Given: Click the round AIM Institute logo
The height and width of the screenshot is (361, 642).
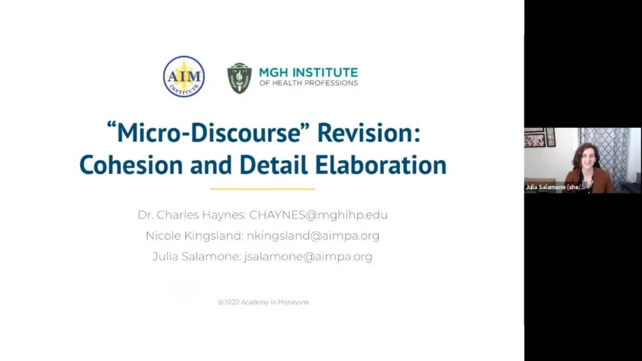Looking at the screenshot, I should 184,76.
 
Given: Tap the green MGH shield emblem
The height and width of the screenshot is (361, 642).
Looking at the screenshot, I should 239,78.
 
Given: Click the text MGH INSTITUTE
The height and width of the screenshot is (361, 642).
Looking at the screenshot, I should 308,72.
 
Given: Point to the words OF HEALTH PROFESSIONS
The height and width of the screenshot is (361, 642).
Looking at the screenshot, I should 308,84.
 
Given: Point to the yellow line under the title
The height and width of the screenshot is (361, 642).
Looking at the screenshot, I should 263,189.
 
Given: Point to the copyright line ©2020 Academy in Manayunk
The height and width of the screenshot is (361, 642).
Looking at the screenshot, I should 263,302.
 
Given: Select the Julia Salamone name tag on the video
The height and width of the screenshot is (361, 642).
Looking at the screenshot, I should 555,187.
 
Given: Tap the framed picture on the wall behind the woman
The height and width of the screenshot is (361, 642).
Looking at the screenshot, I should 535,137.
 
